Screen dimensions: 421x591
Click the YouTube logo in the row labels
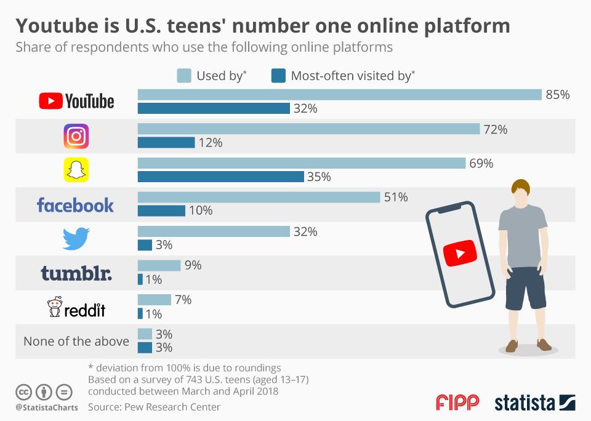76,101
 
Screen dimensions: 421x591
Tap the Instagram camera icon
76,136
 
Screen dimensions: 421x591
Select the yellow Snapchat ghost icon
76,170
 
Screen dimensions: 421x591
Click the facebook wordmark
75,204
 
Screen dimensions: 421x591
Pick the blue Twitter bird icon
76,239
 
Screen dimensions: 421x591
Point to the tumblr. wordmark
76,273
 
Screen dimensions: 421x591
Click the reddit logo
76,307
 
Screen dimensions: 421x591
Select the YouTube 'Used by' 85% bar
339,95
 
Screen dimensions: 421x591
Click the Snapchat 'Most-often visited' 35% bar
220,177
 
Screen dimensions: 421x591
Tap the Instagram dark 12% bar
166,143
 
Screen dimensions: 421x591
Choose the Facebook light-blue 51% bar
259,197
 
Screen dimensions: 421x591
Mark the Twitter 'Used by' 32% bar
214,231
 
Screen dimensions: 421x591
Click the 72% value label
496,129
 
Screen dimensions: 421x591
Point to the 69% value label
481,164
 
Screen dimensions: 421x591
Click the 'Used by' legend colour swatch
184,76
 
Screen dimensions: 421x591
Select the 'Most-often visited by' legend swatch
278,76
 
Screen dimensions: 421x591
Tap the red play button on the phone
460,253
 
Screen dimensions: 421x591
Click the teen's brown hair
521,186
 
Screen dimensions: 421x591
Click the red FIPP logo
457,403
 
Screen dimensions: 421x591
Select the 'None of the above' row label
76,341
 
